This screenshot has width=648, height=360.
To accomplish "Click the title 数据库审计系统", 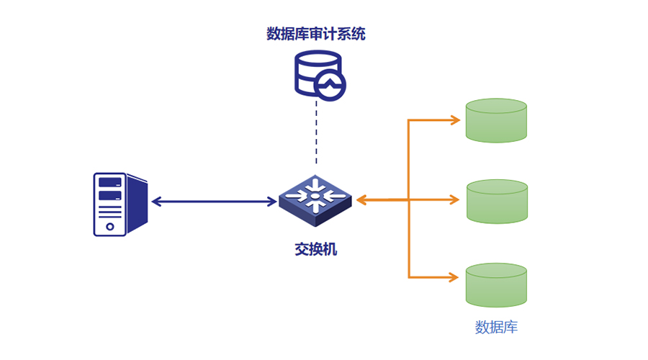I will (316, 34).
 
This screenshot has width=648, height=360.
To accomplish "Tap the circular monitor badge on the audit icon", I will (330, 86).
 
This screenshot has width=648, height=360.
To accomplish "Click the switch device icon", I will (315, 195).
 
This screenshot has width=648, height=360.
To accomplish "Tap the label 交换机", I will (315, 249).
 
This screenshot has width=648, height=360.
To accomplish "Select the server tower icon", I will (119, 204).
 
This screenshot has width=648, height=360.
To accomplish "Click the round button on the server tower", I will (110, 226).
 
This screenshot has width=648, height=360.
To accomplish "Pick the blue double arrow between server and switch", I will (215, 202).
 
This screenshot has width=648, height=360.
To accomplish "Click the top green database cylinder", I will (496, 120).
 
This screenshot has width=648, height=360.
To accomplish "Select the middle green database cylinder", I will (496, 201).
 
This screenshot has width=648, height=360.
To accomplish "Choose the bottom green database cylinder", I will (496, 284).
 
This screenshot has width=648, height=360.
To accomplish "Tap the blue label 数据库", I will (496, 328).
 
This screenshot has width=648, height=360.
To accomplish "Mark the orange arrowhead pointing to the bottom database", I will (455, 276).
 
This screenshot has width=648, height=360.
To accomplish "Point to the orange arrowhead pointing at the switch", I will (361, 199).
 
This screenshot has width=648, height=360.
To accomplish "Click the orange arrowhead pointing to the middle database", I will (455, 199).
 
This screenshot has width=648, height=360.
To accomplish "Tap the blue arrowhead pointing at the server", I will (156, 202).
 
